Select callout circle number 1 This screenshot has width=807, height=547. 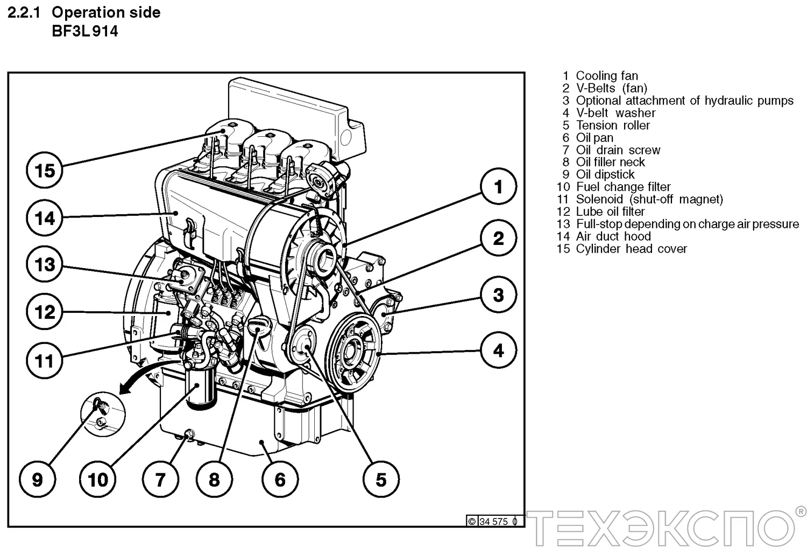point(498,186)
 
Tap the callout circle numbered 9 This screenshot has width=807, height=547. point(37,479)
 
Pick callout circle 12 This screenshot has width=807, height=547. point(45,311)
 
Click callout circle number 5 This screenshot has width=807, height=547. point(381,479)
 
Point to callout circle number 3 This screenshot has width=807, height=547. point(498,294)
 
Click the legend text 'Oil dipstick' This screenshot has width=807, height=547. point(605,174)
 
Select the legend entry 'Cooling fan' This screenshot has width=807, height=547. point(606,76)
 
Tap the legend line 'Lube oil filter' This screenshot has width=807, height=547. point(610,212)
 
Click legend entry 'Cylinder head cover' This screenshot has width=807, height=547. point(631,249)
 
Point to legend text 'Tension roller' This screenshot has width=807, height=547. point(613,125)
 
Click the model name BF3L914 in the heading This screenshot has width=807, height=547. point(84,31)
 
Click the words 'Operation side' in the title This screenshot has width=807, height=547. point(106,12)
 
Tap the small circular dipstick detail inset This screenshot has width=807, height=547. point(102,413)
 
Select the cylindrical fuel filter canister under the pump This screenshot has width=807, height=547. point(201,389)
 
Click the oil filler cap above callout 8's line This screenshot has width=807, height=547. point(260,324)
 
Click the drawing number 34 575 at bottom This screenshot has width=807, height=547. point(493,521)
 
